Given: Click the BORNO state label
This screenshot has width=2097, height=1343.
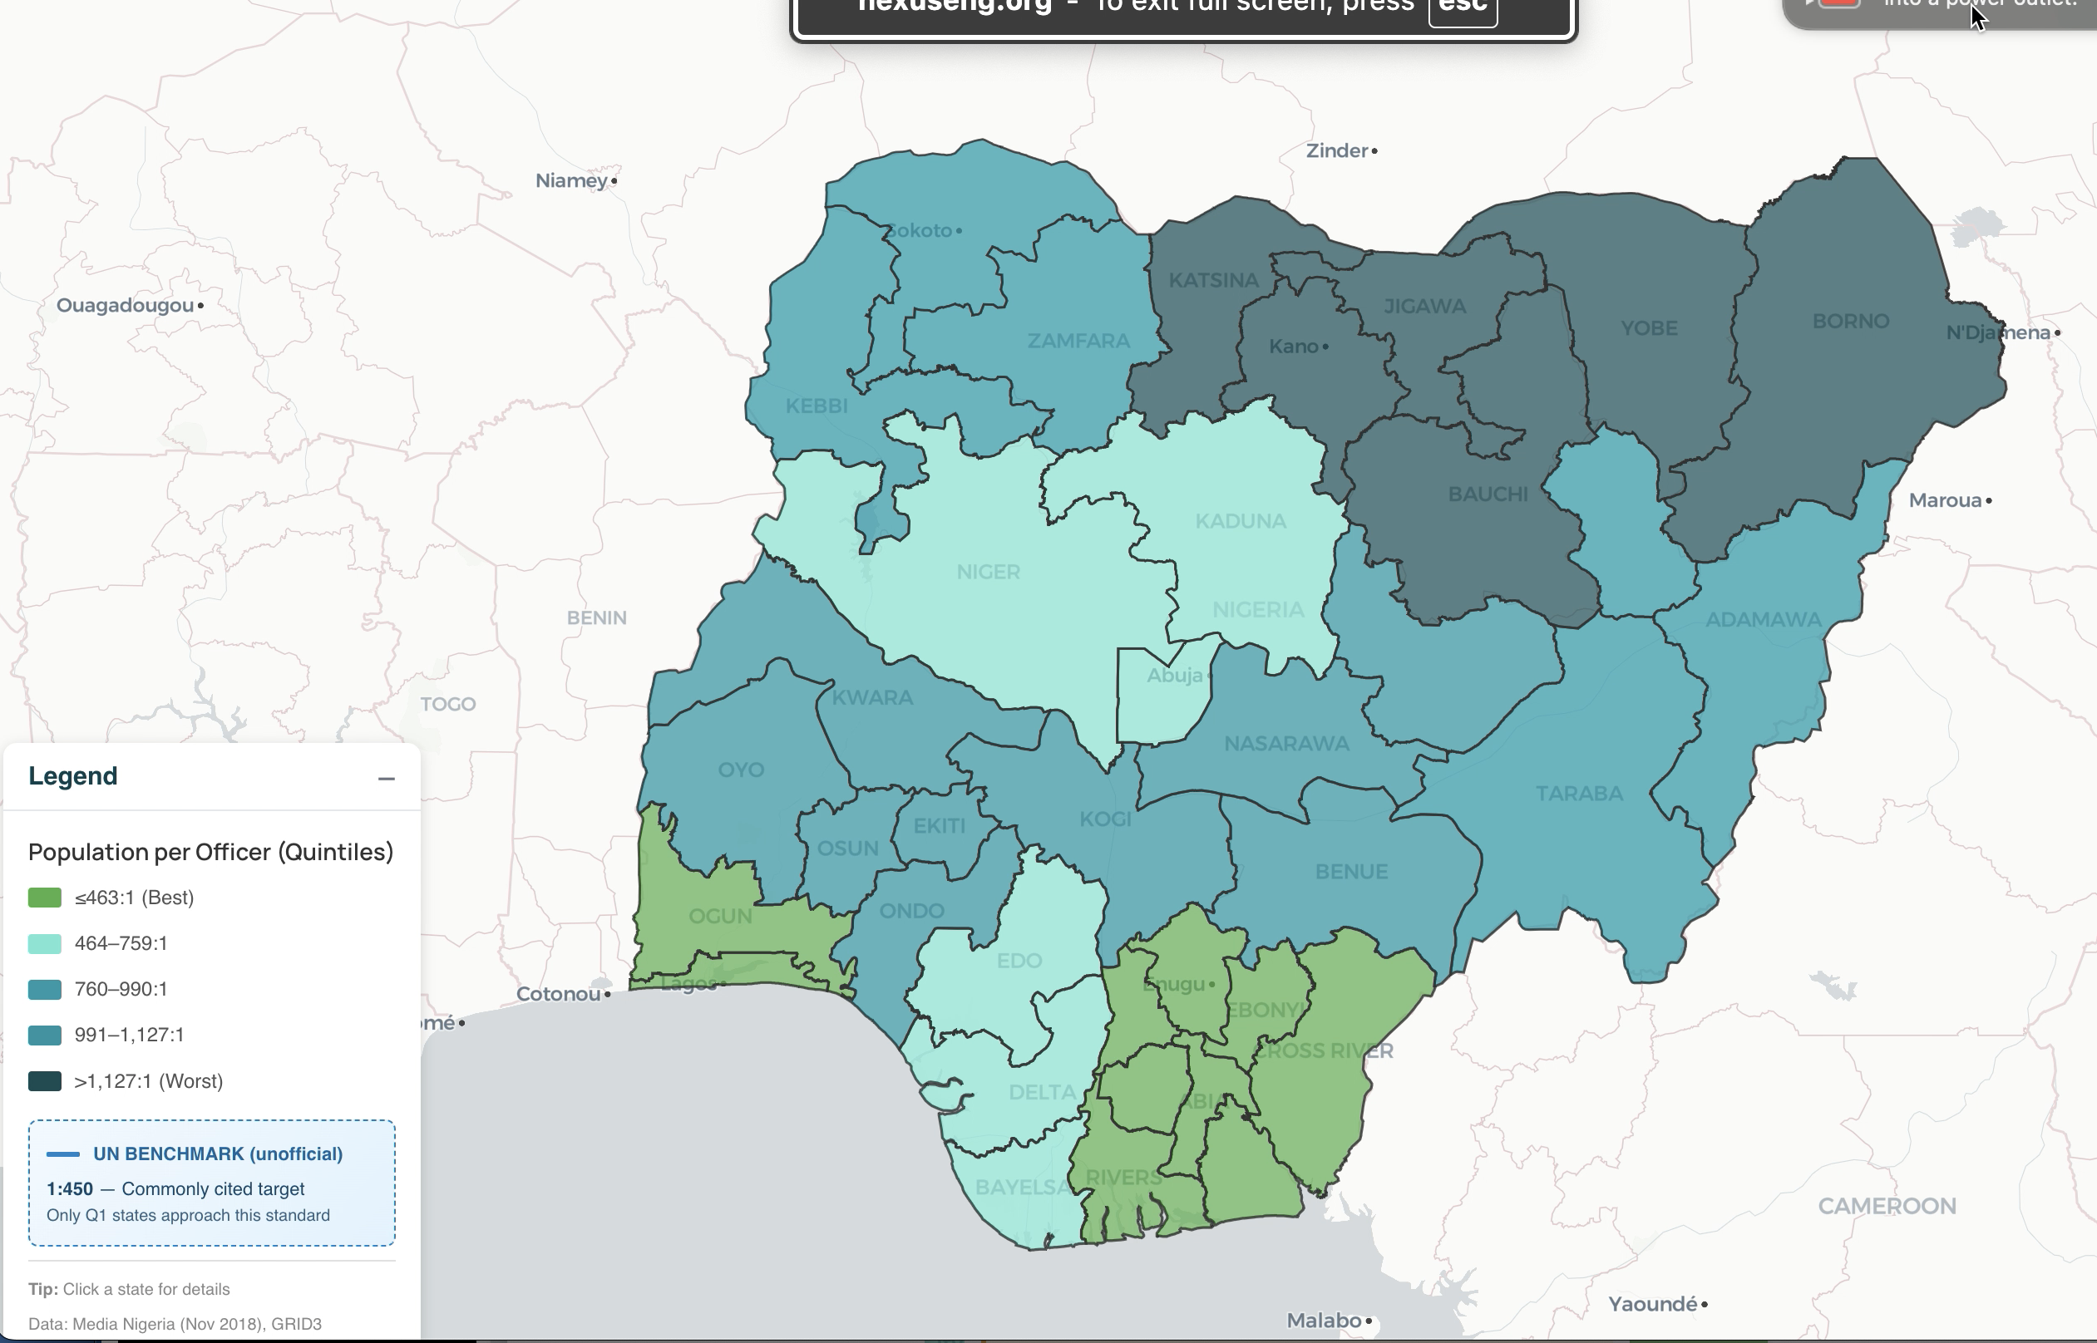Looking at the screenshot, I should point(1850,321).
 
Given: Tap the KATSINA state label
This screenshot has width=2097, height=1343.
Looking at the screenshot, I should point(1213,280).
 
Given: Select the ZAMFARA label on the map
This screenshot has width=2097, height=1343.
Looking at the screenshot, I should point(1078,340).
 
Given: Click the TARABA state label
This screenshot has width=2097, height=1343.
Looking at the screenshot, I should point(1579,794).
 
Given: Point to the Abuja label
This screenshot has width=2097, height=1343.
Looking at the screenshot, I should point(1174,675).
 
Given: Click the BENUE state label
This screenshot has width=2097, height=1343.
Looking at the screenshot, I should point(1350,871).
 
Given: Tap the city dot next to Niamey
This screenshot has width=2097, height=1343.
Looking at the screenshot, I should point(614,180).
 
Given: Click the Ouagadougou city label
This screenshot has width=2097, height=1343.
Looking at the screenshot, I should point(125,305).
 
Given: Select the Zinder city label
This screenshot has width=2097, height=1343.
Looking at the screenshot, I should point(1336,151).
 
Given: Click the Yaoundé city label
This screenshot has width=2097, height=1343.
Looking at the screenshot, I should point(1652,1304).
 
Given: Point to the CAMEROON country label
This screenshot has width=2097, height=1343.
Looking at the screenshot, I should point(1886,1206).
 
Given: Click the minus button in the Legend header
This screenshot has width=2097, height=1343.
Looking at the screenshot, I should point(387,778).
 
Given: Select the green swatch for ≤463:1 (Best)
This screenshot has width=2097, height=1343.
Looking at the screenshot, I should point(45,898).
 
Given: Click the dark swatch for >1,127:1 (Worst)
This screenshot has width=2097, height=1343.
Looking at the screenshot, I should point(45,1081).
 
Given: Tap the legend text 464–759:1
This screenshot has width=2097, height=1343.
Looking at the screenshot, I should point(121,942).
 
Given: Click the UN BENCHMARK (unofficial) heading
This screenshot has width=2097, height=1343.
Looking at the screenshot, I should point(217,1154).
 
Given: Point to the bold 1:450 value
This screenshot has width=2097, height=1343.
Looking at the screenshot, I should point(70,1188).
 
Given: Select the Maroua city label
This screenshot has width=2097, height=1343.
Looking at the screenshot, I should point(1944,500).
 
